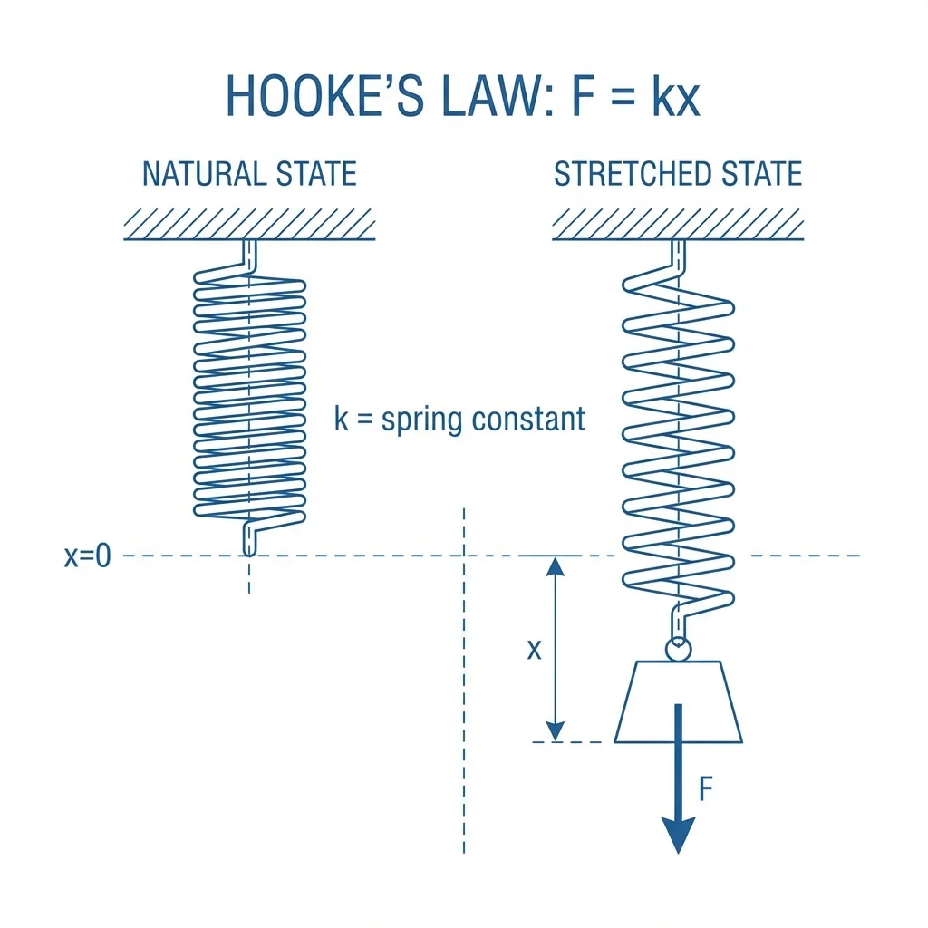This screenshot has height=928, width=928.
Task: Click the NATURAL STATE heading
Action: (249, 173)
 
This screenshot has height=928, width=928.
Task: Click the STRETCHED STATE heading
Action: (678, 173)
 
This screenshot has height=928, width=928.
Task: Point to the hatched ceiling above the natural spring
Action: (249, 223)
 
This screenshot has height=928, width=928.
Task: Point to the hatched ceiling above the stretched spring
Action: (678, 223)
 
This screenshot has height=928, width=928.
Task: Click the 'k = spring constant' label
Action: (459, 420)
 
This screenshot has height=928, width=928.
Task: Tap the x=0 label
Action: (87, 556)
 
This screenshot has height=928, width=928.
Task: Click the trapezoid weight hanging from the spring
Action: (678, 701)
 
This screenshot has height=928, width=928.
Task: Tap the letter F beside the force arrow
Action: (707, 790)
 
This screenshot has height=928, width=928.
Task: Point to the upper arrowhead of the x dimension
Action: (556, 567)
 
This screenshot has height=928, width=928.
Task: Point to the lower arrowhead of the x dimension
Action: (556, 730)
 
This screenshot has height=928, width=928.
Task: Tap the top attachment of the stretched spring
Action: (678, 255)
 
